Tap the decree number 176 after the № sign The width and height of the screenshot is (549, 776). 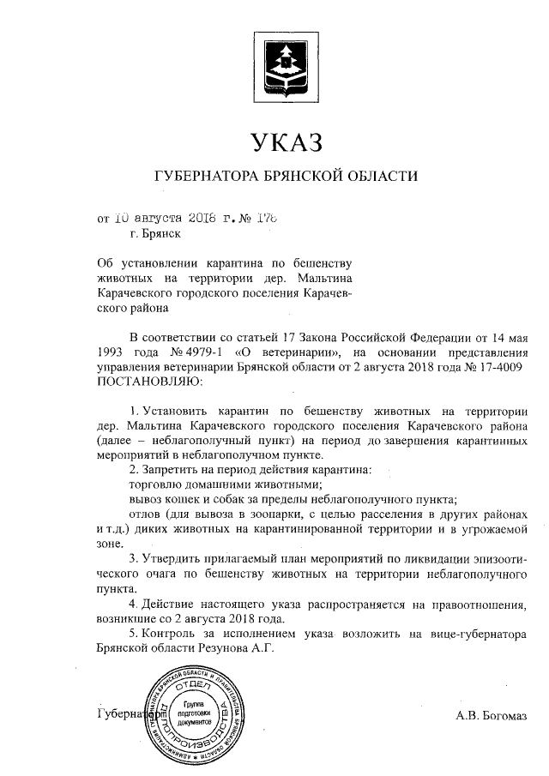(271, 217)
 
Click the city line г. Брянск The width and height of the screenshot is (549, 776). (154, 232)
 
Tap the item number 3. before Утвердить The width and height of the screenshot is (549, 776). (135, 558)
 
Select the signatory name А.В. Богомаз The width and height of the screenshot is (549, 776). (490, 714)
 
